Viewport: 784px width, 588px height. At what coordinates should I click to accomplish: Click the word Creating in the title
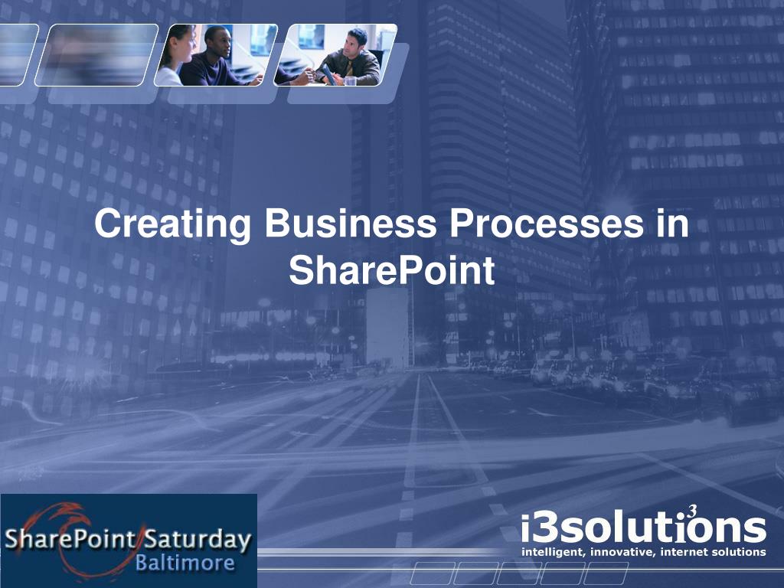point(172,224)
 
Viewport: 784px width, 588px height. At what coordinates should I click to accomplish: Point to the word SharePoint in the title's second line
point(391,270)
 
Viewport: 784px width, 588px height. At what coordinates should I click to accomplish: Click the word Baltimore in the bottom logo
point(185,563)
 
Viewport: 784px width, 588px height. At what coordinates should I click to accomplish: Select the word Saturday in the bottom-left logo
point(198,541)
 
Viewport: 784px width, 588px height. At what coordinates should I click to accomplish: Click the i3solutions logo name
point(643,528)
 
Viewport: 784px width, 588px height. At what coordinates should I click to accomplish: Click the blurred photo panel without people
point(96,55)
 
